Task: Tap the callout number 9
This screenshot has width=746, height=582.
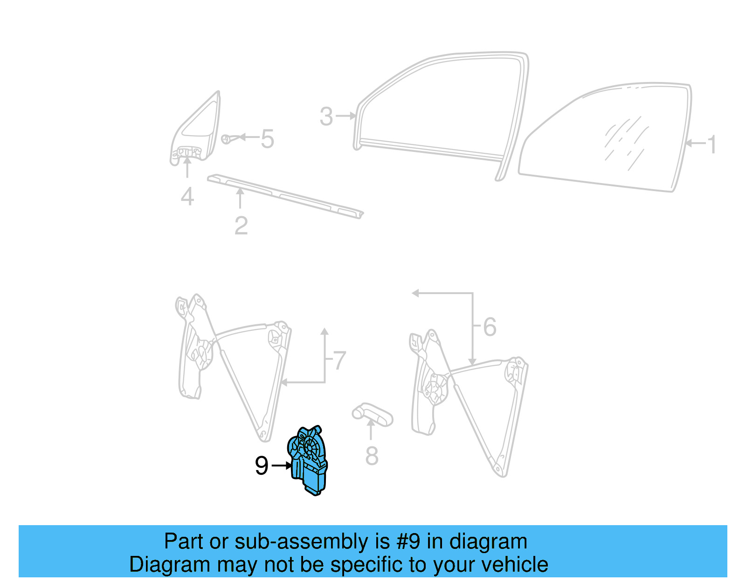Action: (x=262, y=466)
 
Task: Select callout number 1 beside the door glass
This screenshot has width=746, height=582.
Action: (x=711, y=144)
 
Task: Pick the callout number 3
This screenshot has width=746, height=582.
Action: (x=326, y=116)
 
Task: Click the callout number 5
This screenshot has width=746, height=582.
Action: (x=267, y=139)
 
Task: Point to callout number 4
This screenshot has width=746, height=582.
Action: (x=187, y=197)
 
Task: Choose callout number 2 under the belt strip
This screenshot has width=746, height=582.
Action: (x=241, y=226)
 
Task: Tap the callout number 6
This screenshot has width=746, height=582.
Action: (x=490, y=327)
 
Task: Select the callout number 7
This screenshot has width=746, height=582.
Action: (x=339, y=361)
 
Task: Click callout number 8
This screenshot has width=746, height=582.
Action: (x=372, y=456)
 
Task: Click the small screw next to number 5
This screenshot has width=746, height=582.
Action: (x=226, y=139)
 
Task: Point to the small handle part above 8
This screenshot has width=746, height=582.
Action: (x=372, y=414)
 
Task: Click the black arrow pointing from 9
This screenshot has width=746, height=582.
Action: (x=282, y=466)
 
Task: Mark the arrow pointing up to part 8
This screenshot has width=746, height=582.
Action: (x=371, y=429)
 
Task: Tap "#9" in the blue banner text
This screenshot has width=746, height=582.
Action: (x=409, y=541)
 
